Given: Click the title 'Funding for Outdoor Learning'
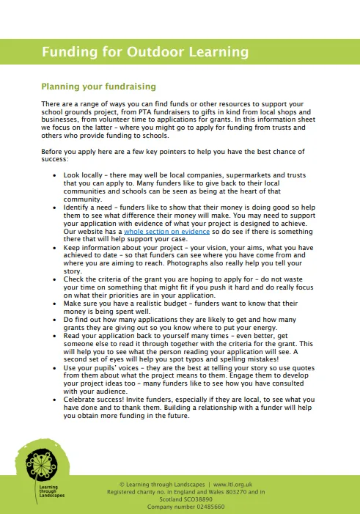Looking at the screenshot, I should (x=144, y=52).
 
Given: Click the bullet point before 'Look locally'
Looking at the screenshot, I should (x=57, y=177).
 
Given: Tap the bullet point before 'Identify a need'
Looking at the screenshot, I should (x=57, y=208).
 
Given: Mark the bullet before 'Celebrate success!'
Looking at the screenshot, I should (x=57, y=402).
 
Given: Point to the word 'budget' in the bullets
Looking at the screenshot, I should (x=186, y=303).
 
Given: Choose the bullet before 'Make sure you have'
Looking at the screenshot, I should (x=57, y=303).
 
